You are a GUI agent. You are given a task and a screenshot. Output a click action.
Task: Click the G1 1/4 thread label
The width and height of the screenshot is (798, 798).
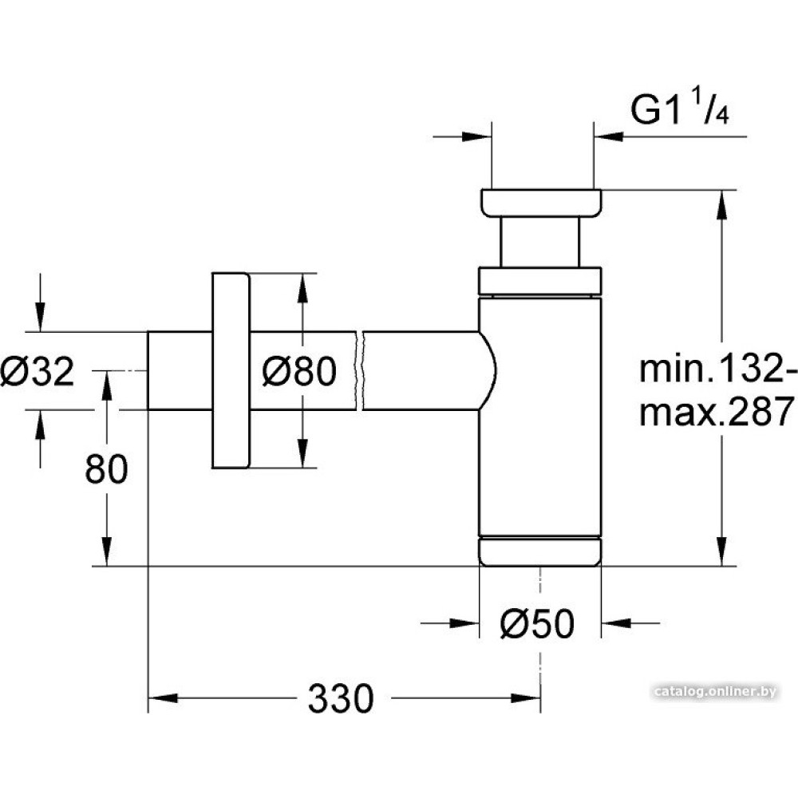(681, 112)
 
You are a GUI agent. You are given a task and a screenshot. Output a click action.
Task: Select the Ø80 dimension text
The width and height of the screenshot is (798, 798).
(300, 372)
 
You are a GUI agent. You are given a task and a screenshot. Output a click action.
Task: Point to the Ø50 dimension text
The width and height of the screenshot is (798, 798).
(537, 625)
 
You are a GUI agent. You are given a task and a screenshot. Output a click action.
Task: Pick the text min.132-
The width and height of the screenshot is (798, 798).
(718, 369)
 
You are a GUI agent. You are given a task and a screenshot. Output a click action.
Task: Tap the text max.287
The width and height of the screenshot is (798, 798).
(718, 413)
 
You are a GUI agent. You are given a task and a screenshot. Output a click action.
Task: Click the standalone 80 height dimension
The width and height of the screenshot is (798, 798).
(106, 470)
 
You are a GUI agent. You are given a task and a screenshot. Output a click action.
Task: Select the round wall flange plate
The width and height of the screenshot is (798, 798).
(231, 370)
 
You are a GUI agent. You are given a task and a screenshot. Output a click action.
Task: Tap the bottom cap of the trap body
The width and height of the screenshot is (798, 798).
(539, 551)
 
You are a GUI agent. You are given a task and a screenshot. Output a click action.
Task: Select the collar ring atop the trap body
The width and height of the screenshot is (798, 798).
(539, 281)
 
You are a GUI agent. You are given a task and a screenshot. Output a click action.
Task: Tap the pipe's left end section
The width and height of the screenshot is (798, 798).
(177, 370)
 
